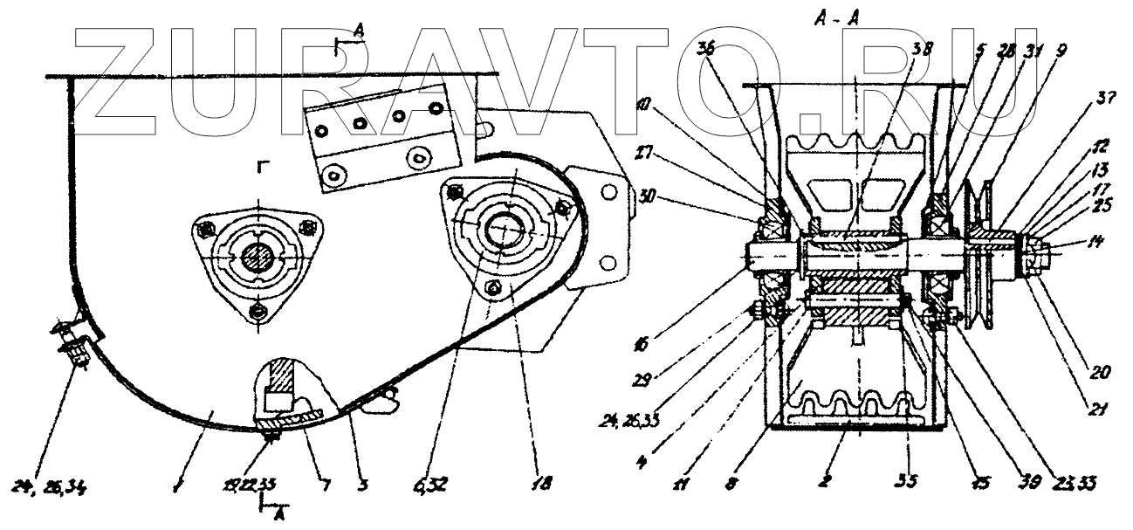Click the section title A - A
[837, 24]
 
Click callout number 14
[1092, 246]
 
